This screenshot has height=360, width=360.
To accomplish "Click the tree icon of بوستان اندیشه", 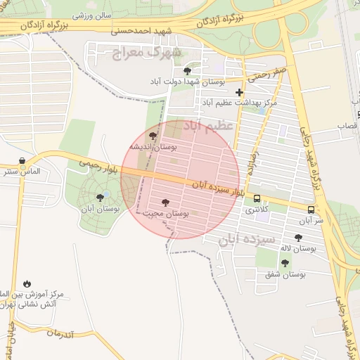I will (153, 136).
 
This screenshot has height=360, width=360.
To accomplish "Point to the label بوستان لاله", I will (299, 248).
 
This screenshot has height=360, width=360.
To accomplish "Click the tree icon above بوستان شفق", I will (285, 263).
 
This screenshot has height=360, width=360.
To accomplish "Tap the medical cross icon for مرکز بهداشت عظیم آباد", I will (240, 92).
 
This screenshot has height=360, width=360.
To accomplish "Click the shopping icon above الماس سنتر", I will (22, 160).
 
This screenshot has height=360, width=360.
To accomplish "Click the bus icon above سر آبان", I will (311, 209).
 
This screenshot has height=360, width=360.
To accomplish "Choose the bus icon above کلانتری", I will (257, 199).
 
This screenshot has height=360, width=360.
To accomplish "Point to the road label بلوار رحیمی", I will (94, 164).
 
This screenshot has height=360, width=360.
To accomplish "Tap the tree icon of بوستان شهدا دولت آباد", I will (186, 71).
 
